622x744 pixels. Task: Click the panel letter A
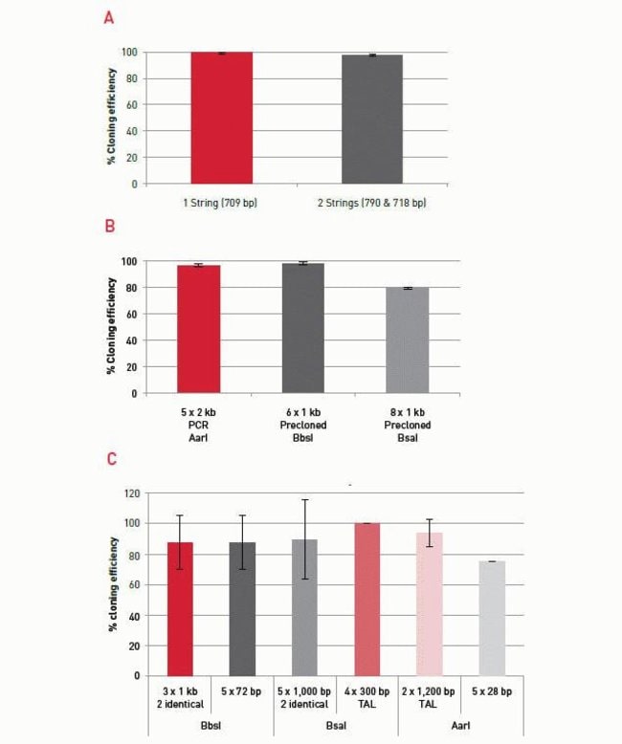[112, 18]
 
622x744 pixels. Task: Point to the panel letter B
[112, 227]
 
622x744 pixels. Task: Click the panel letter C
[112, 460]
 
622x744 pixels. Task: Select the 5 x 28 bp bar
[491, 618]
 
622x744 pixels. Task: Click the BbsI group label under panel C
[211, 727]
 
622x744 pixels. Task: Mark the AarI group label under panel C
[460, 727]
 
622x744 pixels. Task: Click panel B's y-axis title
[112, 325]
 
